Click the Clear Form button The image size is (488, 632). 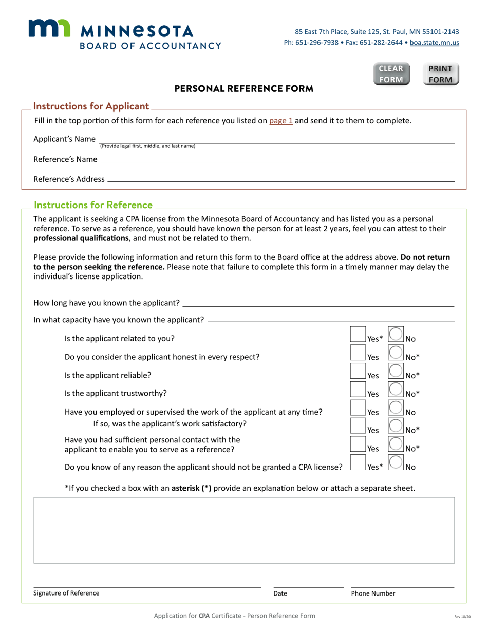tap(391, 74)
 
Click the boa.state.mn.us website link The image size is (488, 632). tap(434, 43)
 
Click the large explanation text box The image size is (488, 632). tap(244, 530)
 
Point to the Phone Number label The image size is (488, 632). tap(373, 593)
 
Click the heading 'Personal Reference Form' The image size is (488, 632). tap(244, 89)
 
